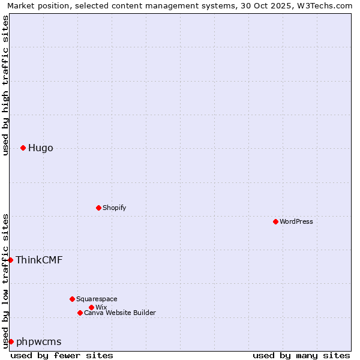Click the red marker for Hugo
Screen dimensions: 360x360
(23, 148)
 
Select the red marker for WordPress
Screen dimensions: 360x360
(275, 221)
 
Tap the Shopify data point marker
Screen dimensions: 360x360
(98, 208)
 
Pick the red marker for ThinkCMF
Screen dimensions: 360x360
(10, 260)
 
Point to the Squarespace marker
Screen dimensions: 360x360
(72, 299)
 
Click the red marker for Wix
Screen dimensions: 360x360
(91, 307)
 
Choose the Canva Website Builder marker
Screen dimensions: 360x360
(80, 313)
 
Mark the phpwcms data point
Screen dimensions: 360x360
(11, 341)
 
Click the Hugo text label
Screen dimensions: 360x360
(40, 148)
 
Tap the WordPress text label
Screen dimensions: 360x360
(296, 221)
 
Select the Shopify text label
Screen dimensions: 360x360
(115, 208)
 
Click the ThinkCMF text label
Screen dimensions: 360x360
(39, 260)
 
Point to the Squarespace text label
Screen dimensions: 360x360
(97, 299)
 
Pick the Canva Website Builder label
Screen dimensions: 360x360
(120, 313)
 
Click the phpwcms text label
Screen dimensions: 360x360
(38, 341)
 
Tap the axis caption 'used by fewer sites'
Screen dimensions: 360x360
(62, 355)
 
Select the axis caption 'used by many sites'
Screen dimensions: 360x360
(301, 355)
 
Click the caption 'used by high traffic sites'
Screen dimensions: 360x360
(5, 85)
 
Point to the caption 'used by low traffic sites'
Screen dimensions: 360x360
(5, 281)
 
